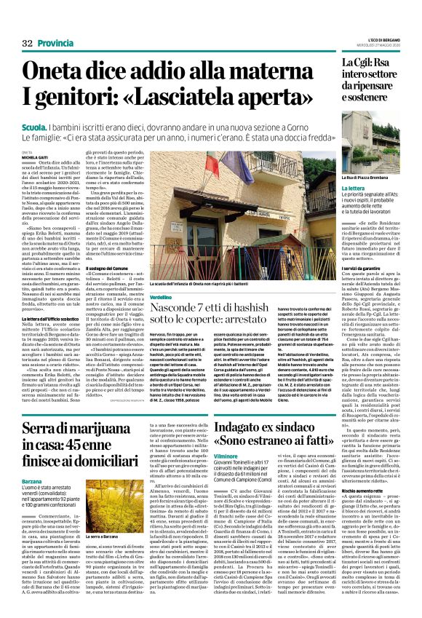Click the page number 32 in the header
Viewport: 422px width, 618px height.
tap(17, 44)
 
